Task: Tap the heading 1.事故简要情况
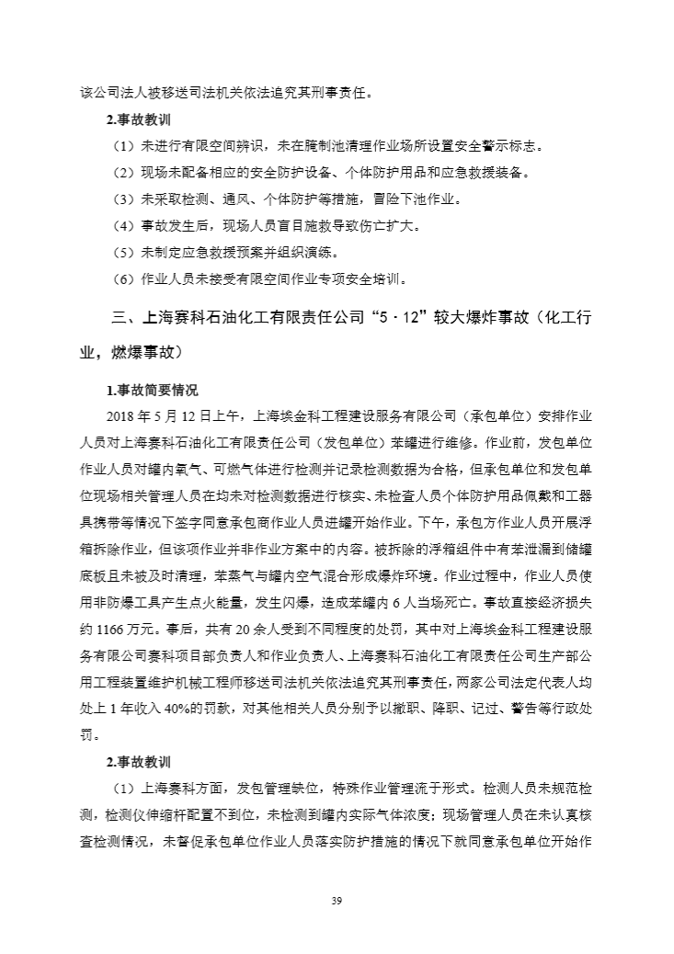[x=152, y=390]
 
